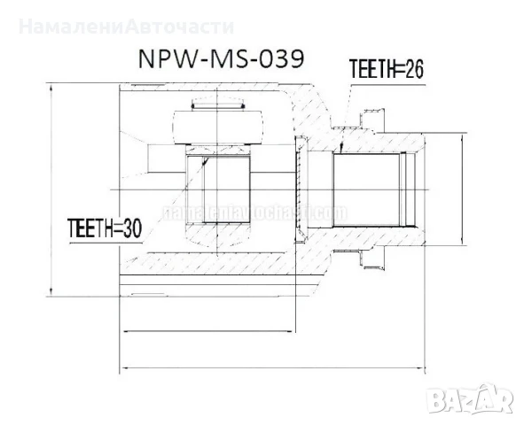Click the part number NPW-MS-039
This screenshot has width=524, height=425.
tap(221, 58)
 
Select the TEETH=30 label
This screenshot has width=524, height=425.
tap(105, 229)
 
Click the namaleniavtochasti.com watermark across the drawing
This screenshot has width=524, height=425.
tap(254, 213)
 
